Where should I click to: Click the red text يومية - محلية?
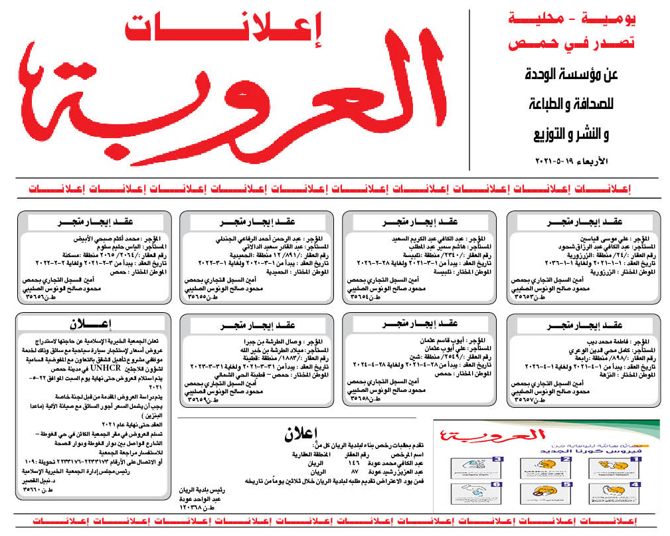(x=572, y=21)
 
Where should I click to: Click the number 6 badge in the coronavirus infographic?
(x=497, y=486)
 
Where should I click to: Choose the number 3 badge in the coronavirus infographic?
(x=497, y=459)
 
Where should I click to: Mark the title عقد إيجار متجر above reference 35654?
(x=418, y=221)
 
